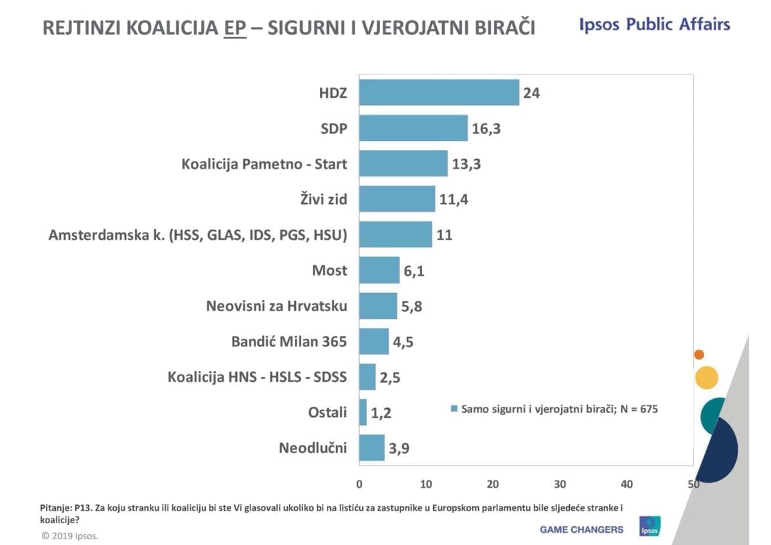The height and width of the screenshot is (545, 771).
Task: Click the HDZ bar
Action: click(x=439, y=93)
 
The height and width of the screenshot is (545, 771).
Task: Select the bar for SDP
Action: click(x=413, y=128)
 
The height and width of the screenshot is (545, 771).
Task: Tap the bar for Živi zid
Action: click(x=397, y=199)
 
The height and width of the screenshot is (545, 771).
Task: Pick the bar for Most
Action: click(x=379, y=270)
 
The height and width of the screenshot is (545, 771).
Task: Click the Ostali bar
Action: click(x=363, y=412)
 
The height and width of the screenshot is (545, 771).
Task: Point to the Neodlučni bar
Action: click(x=371, y=447)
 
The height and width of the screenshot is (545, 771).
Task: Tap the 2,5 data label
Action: click(x=390, y=377)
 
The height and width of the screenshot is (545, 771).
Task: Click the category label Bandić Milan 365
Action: click(x=289, y=341)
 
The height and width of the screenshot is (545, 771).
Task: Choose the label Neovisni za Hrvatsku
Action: click(x=276, y=306)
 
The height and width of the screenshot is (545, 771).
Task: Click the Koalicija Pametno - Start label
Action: click(x=264, y=164)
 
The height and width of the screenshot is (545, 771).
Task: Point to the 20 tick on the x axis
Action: click(x=493, y=484)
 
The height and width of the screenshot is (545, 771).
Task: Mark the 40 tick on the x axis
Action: click(x=626, y=484)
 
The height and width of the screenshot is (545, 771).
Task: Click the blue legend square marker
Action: click(x=454, y=409)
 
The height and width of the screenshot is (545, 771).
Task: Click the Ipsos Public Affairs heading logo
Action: click(x=655, y=25)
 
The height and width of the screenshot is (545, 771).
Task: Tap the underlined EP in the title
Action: click(x=235, y=28)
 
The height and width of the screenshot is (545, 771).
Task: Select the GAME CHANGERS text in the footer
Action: click(x=581, y=530)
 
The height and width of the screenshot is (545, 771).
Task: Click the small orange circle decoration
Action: click(x=699, y=354)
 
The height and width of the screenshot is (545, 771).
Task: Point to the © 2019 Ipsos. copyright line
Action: click(x=71, y=535)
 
